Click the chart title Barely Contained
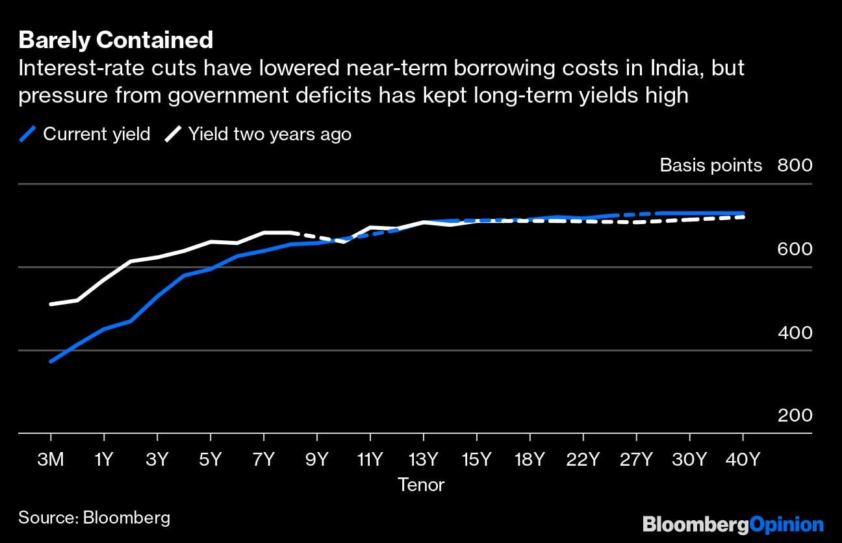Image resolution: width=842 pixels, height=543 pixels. (x=116, y=40)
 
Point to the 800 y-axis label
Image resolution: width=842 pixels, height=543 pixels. (x=795, y=165)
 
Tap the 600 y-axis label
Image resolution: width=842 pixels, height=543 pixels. (x=795, y=249)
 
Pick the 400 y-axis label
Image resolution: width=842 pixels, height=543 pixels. (x=795, y=333)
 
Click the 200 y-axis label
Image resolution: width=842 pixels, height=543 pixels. (x=795, y=415)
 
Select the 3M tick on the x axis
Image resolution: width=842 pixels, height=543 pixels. (x=50, y=459)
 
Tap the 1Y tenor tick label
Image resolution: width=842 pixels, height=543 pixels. (x=104, y=459)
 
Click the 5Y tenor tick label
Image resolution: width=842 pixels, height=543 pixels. (x=210, y=459)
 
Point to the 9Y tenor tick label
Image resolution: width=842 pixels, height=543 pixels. (x=316, y=459)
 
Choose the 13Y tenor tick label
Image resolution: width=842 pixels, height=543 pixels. (x=423, y=459)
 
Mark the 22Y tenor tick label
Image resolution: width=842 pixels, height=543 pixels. (x=582, y=459)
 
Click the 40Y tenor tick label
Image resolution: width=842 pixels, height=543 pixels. (x=742, y=459)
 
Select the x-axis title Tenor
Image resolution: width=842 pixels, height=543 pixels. (x=420, y=485)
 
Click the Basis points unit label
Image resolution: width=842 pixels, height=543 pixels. (x=711, y=165)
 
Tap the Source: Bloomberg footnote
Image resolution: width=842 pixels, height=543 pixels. (x=94, y=518)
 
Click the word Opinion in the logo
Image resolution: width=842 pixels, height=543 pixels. (x=787, y=524)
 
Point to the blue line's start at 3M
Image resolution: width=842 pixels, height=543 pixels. (x=51, y=361)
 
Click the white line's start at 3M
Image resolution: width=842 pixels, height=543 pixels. (x=51, y=304)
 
